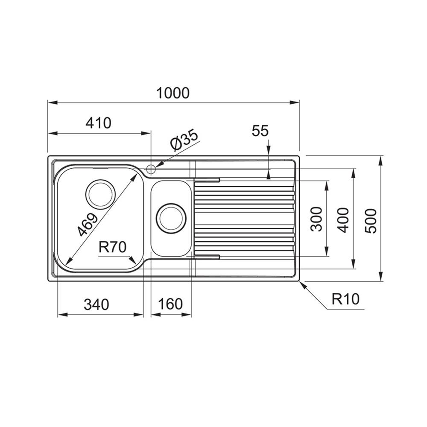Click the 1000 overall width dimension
tap(173, 93)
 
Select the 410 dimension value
tap(98, 123)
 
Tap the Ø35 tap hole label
tap(184, 140)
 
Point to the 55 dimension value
tap(260, 131)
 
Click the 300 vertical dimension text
tap(316, 219)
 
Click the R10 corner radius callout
tap(345, 299)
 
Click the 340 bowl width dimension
tap(97, 304)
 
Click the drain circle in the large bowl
tap(100, 194)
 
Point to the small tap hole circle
tap(151, 169)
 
